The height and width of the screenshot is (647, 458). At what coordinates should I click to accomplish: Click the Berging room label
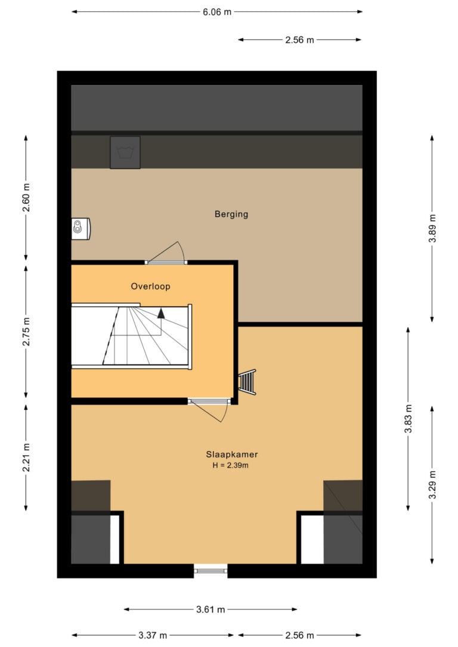[x=231, y=214]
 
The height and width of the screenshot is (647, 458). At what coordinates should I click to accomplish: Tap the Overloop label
[x=150, y=287]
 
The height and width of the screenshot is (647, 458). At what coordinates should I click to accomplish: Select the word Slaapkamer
[x=232, y=455]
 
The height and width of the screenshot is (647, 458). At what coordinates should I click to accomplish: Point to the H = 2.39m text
[x=230, y=465]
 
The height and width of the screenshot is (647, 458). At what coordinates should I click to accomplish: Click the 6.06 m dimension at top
[x=217, y=12]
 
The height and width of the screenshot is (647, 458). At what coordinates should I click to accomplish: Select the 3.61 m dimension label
[x=210, y=609]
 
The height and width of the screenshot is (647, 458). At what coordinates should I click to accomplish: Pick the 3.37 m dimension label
[x=153, y=635]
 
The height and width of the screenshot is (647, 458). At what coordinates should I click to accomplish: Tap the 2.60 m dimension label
[x=26, y=198]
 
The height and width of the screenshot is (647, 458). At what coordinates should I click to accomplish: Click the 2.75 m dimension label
[x=26, y=332]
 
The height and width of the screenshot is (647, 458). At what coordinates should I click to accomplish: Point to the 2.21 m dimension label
[x=26, y=458]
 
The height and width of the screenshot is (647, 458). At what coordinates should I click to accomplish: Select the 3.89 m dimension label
[x=432, y=229]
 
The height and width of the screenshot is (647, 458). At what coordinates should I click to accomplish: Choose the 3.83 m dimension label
[x=408, y=419]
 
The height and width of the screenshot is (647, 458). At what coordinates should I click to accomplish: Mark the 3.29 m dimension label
[x=432, y=485]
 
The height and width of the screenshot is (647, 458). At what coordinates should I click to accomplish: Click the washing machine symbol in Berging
[x=125, y=153]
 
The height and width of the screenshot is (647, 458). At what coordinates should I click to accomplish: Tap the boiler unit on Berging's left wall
[x=81, y=229]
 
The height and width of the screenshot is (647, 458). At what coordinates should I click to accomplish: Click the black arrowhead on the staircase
[x=161, y=313]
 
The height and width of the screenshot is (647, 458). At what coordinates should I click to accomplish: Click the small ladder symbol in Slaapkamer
[x=247, y=382]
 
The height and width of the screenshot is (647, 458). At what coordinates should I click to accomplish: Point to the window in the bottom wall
[x=211, y=571]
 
